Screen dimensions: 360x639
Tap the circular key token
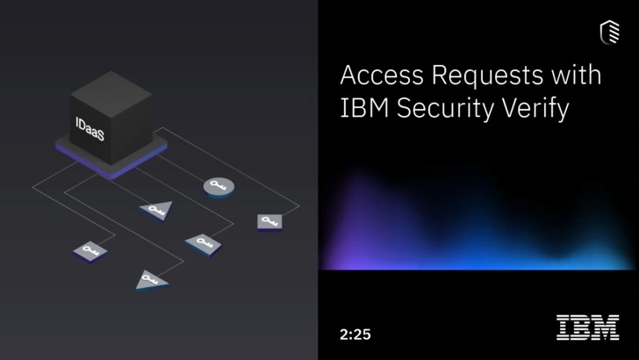(x=218, y=186)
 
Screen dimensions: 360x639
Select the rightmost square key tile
(x=269, y=220)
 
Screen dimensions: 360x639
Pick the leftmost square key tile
(x=89, y=250)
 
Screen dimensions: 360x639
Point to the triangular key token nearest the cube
(x=156, y=209)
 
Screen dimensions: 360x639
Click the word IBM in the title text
(x=362, y=111)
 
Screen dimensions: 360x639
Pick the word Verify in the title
(x=544, y=112)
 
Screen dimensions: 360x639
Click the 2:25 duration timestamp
(x=355, y=334)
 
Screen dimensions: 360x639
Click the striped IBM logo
(x=587, y=328)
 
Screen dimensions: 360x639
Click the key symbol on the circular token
(x=218, y=185)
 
